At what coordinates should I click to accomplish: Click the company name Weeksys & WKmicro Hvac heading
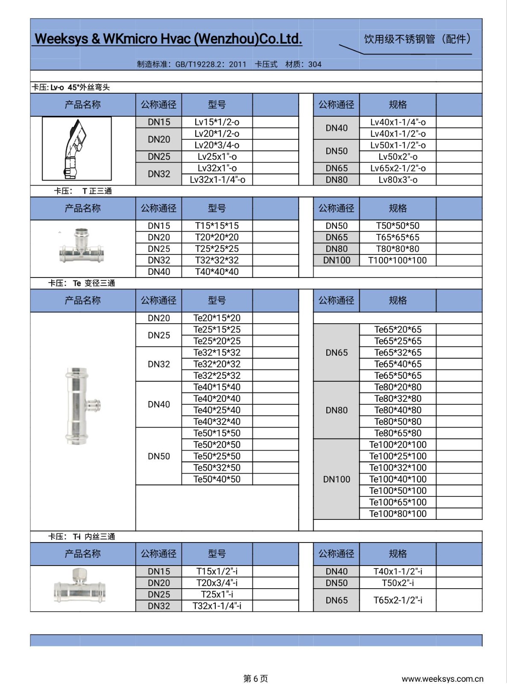click(x=168, y=39)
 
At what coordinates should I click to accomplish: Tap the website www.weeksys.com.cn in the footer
click(x=442, y=678)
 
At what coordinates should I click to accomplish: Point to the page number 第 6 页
click(x=255, y=678)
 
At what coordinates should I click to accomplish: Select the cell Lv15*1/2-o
click(x=217, y=122)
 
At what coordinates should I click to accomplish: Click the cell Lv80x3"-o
click(x=398, y=180)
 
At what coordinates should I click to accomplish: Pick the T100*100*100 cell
click(x=397, y=260)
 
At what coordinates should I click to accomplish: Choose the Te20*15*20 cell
click(x=217, y=318)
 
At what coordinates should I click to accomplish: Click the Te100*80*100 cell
click(x=398, y=514)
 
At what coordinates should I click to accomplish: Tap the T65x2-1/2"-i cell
click(x=398, y=600)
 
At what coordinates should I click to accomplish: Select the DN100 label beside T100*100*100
click(x=337, y=260)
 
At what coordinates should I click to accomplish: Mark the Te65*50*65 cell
click(x=398, y=376)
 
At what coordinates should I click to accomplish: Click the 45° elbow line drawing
click(x=77, y=149)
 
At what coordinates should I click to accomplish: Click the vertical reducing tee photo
click(x=81, y=406)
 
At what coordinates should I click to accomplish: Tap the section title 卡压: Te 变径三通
click(x=82, y=283)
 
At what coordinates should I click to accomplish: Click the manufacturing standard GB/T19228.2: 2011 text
click(x=192, y=65)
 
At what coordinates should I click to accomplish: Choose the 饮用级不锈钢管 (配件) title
click(x=417, y=39)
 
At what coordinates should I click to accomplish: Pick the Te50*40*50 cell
click(x=217, y=479)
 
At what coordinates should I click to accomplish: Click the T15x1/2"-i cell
click(x=217, y=572)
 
